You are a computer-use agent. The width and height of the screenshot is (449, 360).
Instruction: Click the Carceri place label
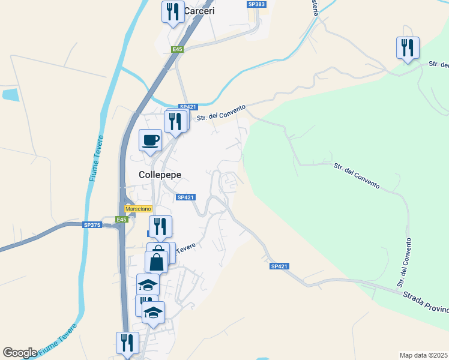199,11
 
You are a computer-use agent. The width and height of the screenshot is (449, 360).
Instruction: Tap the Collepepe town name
160,175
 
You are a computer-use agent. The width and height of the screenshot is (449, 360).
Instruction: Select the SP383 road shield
256,4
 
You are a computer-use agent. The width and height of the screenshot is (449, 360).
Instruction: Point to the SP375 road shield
92,225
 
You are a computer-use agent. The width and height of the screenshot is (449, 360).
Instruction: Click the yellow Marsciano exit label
139,209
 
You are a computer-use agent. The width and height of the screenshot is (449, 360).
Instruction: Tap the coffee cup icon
150,140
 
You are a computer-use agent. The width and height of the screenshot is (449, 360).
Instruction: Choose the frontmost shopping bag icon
156,262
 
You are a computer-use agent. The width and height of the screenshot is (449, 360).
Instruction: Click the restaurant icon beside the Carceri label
173,11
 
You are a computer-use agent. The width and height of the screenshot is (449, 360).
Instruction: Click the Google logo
20,353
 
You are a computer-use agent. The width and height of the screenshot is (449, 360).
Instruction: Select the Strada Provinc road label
424,301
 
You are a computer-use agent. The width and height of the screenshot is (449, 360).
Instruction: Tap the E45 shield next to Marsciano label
122,220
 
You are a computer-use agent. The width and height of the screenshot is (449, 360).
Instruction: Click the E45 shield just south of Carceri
176,50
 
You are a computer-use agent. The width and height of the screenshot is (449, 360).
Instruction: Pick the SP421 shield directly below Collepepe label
185,197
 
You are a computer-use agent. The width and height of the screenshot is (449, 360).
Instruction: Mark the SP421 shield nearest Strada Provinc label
279,266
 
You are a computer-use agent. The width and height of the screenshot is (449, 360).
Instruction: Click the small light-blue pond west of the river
11,94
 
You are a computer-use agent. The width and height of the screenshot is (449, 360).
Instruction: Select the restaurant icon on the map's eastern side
408,47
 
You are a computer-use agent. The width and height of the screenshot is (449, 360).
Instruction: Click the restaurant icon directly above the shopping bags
160,226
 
